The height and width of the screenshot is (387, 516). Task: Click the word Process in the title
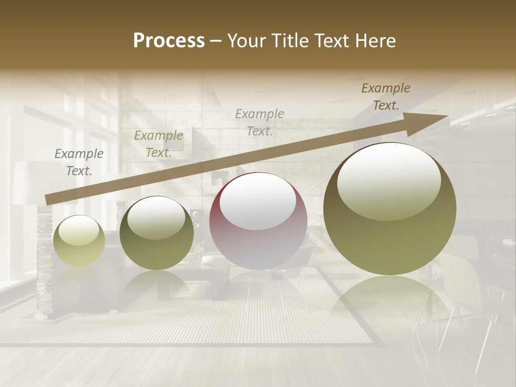[x=169, y=40]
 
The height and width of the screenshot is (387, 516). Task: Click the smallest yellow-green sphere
[x=79, y=242]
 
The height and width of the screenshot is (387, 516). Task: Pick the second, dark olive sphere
[x=156, y=234]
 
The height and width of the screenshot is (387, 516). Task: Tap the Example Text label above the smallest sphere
[x=79, y=162]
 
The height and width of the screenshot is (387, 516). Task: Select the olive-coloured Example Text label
[x=159, y=144]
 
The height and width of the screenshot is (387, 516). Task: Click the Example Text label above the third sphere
[x=260, y=121]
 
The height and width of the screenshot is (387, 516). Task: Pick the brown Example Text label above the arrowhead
[x=385, y=96]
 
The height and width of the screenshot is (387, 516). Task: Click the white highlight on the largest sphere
[x=389, y=180]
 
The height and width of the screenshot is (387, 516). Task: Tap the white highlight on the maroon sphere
[x=257, y=202]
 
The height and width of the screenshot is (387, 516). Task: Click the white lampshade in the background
[x=27, y=183]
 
